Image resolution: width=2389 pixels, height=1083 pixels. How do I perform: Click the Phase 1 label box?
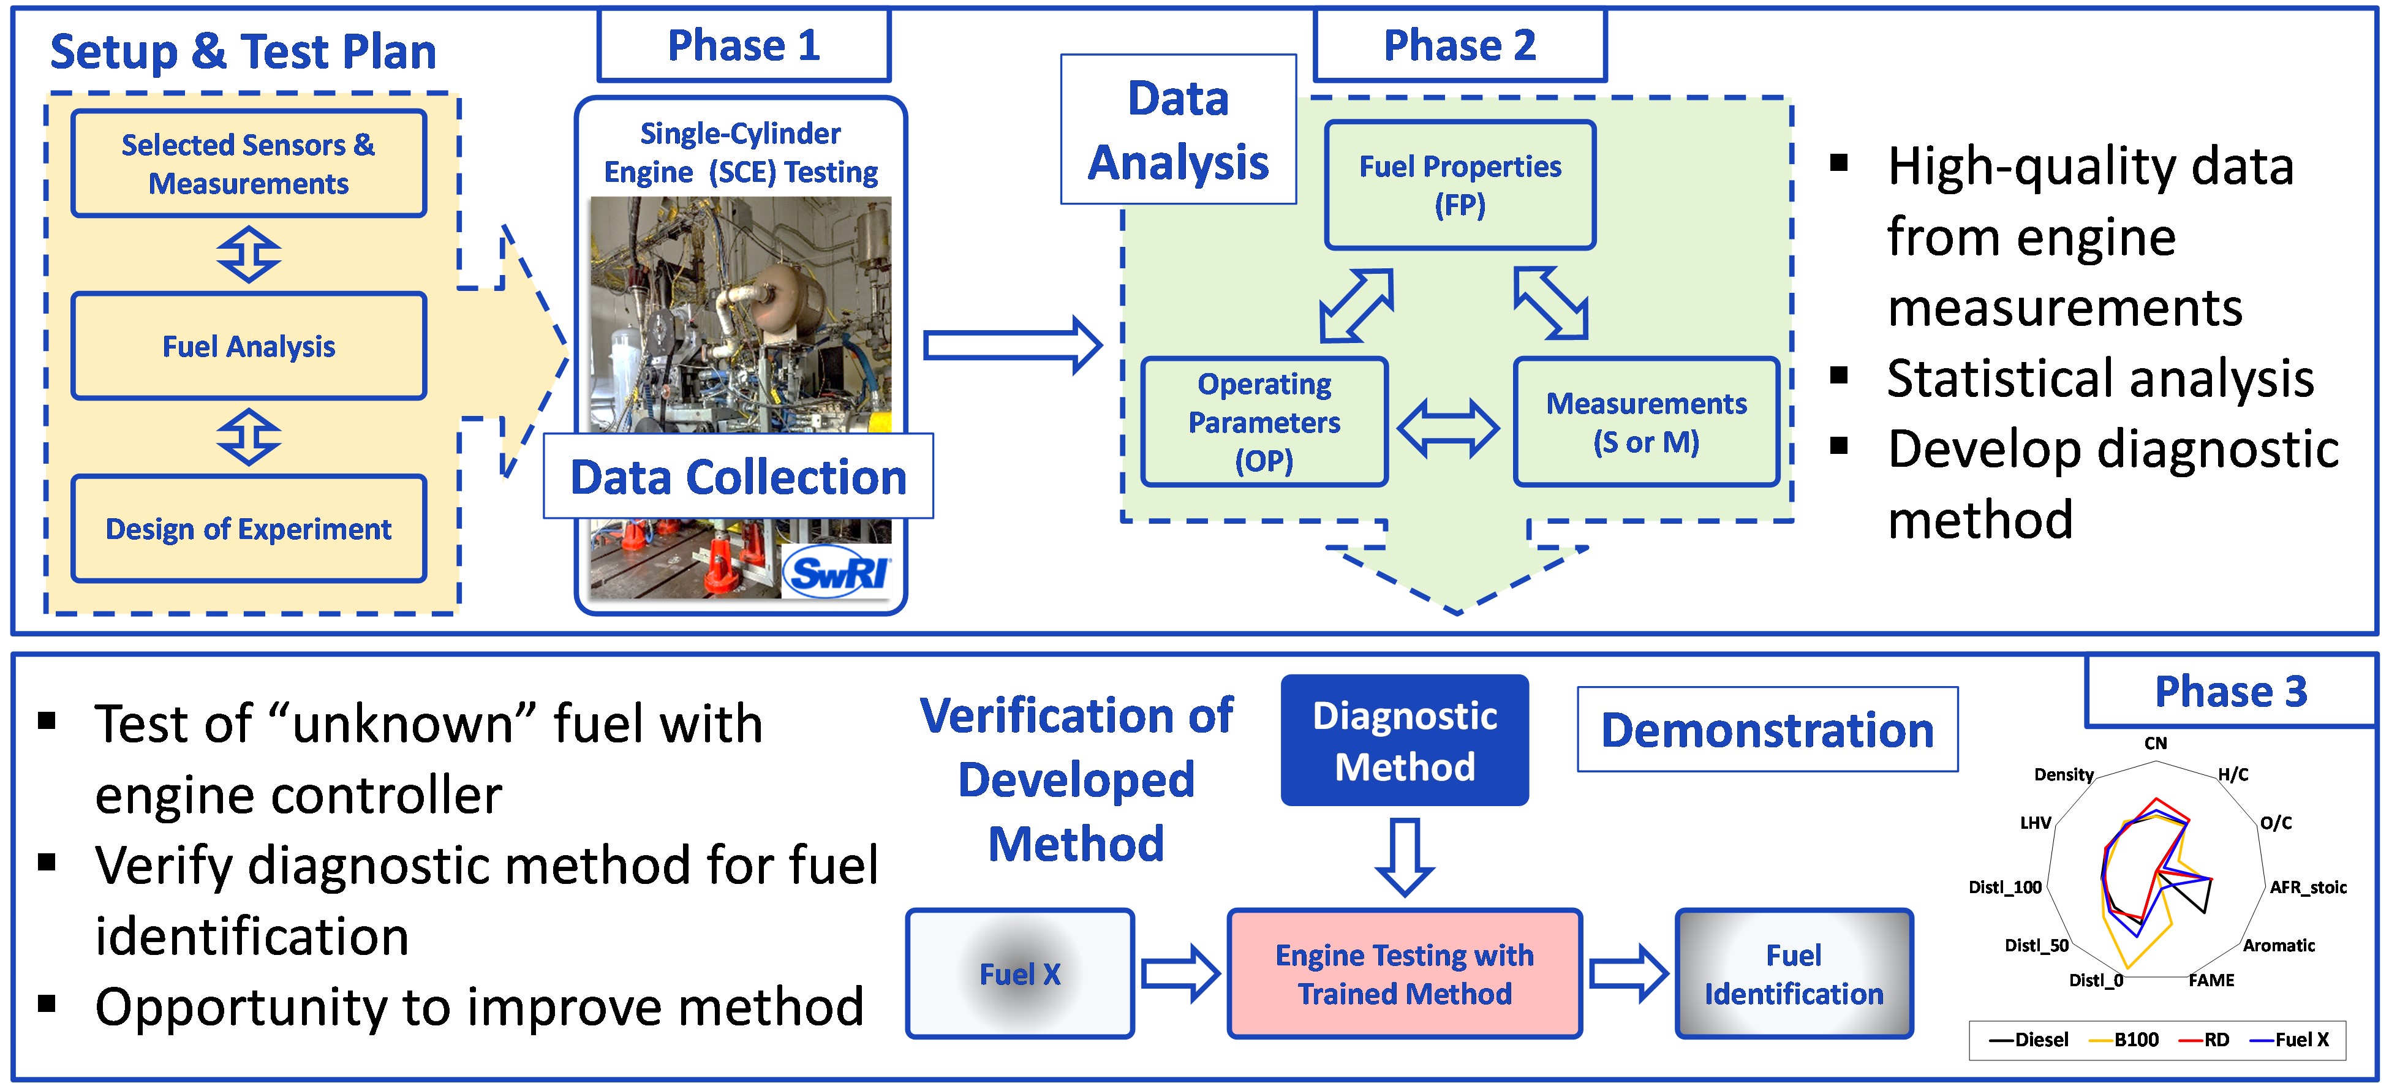pos(744,45)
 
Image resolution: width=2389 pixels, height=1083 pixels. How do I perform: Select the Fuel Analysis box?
pos(249,347)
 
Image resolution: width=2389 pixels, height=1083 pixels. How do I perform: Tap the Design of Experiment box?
pos(249,529)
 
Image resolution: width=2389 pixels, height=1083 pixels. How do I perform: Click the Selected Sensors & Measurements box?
pos(249,164)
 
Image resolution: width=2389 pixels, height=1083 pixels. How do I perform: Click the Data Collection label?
pos(738,477)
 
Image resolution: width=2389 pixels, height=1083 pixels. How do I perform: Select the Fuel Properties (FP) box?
pos(1460,186)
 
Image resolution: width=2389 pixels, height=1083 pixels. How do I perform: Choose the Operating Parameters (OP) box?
pos(1264,422)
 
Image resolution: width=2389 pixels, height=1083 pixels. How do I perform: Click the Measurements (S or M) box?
pos(1646,422)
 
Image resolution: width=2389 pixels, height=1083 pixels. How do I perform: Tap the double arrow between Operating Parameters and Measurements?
pos(1447,428)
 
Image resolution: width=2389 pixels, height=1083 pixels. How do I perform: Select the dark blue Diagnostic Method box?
pos(1404,740)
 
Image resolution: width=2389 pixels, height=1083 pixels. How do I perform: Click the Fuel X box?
pos(1020,973)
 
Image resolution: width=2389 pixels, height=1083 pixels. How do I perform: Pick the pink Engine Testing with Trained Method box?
pos(1404,973)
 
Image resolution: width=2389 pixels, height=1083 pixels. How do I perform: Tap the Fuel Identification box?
pos(1794,973)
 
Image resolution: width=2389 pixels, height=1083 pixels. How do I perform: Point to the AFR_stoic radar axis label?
pos(2308,888)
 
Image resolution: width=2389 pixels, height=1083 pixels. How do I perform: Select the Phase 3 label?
pos(2230,692)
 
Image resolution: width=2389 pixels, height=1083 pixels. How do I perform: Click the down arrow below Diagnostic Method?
pos(1404,856)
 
